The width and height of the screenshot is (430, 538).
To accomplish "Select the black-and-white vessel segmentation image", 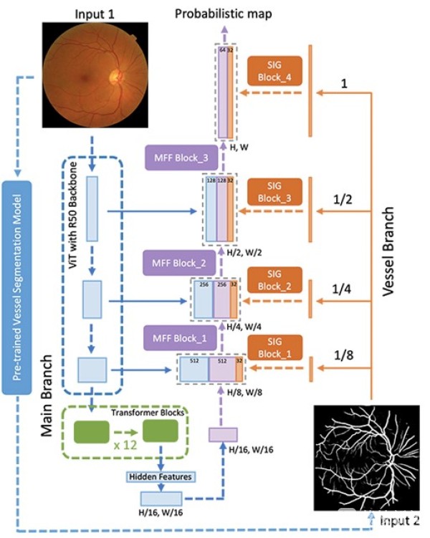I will point(366,458).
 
